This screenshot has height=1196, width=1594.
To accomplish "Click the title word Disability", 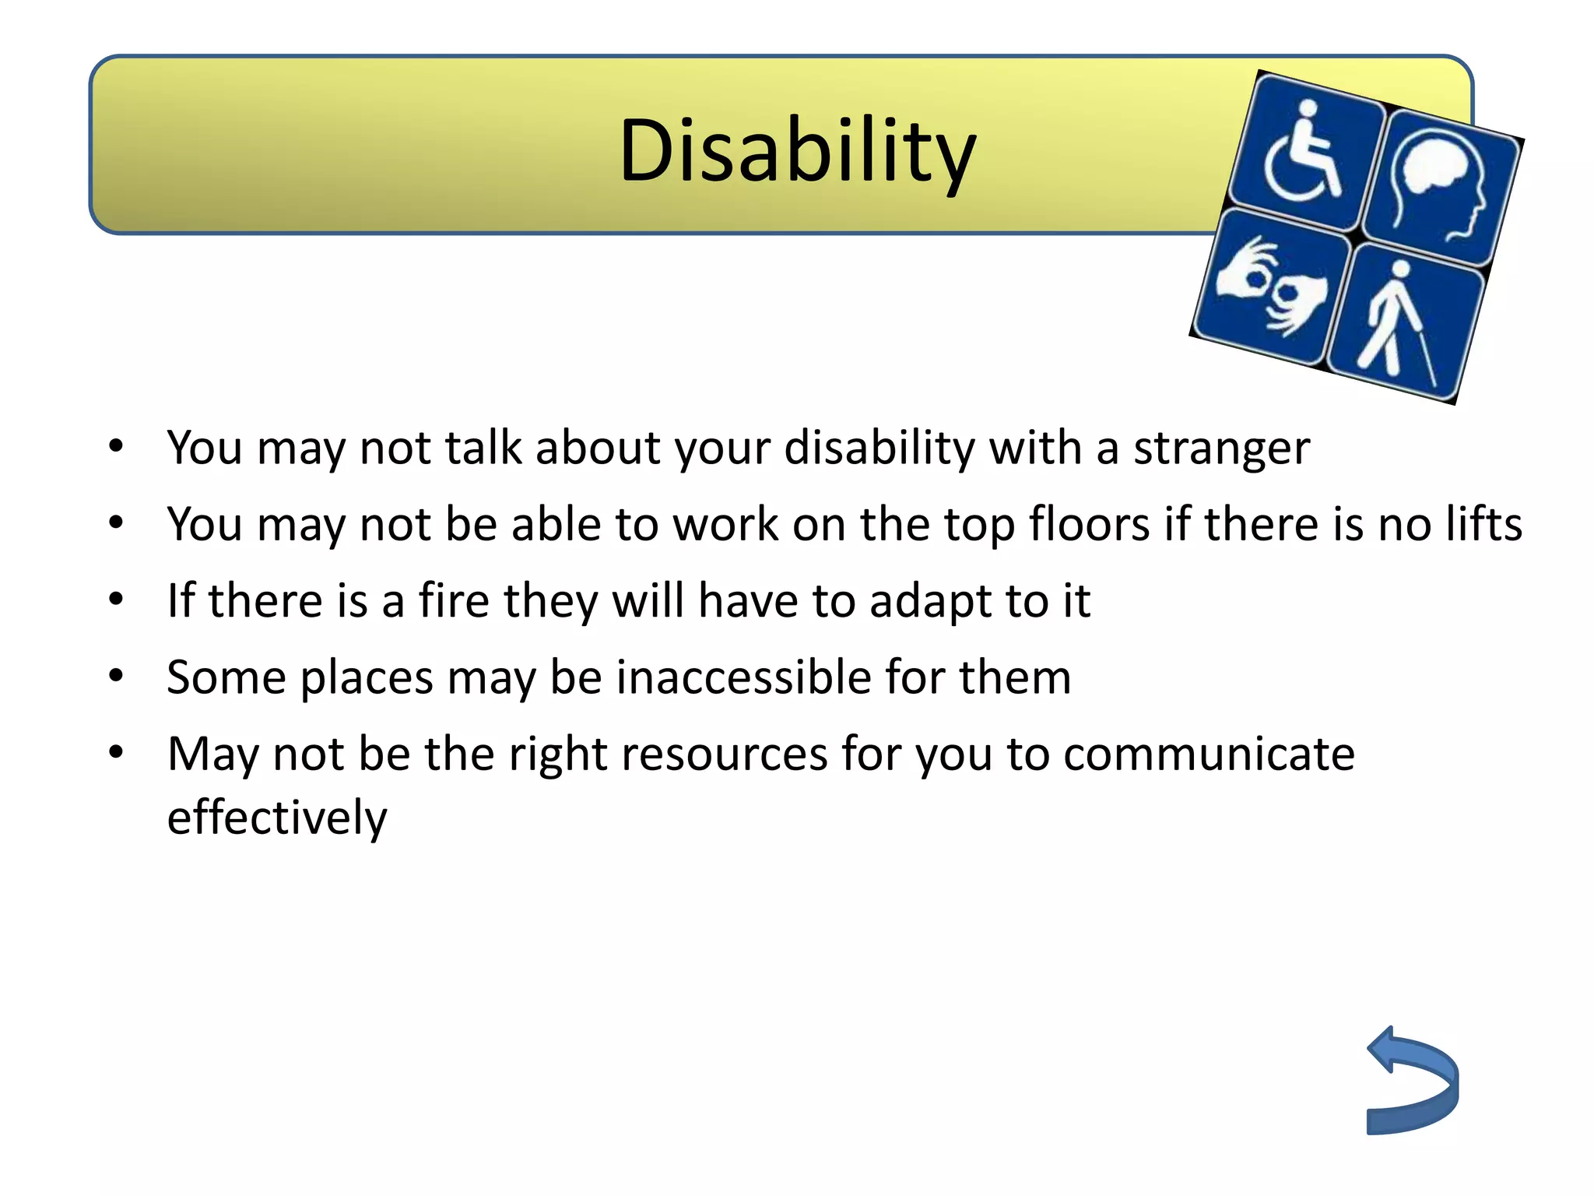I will coord(797,150).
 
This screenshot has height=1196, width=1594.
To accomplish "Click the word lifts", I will coord(1483,524).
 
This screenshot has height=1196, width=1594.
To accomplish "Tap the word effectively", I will coord(277,818).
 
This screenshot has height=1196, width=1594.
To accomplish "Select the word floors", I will coord(1089,524).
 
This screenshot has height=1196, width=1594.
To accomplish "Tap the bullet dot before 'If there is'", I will coord(116,600).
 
